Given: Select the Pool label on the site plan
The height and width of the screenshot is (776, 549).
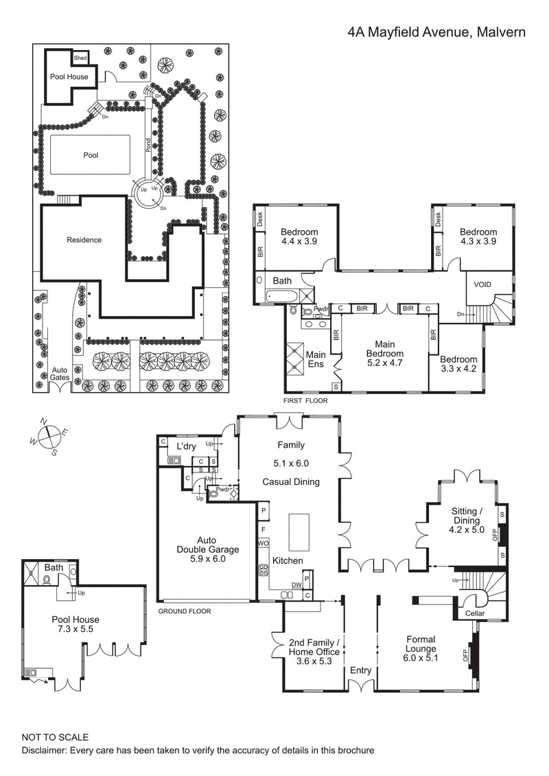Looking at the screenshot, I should [x=91, y=155].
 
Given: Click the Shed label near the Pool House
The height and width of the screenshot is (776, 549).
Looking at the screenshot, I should [x=80, y=58].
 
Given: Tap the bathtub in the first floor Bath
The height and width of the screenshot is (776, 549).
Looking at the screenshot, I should [x=281, y=297].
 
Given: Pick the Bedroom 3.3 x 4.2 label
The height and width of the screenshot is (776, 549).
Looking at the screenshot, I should [x=458, y=365].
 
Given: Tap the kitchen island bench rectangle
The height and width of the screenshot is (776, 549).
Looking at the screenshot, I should [x=299, y=532].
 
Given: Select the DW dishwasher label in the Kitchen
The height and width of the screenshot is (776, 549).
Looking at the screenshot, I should [x=296, y=585].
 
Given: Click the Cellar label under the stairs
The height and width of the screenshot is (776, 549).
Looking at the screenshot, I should [x=475, y=613].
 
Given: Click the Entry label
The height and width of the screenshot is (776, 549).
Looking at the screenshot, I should [x=361, y=670].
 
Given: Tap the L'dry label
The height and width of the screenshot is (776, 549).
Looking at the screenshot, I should [x=187, y=447].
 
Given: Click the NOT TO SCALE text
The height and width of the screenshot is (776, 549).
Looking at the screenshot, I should [x=55, y=737].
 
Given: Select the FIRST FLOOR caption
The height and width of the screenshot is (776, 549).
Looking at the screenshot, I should [x=305, y=400].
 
